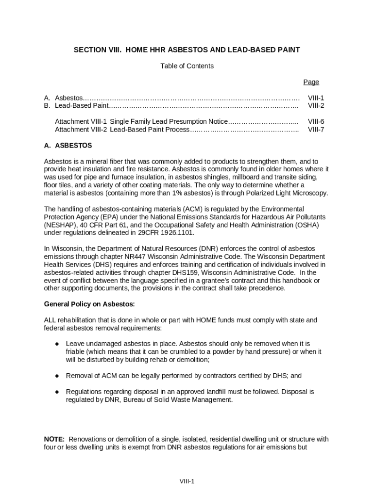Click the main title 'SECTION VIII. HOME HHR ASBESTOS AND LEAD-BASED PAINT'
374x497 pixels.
click(x=187, y=50)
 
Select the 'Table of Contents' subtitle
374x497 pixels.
click(x=187, y=66)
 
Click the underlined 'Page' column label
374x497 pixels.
click(x=311, y=82)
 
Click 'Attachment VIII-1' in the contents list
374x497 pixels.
click(x=81, y=121)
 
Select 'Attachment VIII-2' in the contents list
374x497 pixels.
click(x=81, y=130)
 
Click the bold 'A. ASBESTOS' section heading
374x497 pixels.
click(x=68, y=146)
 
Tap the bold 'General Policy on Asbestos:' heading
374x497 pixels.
click(x=89, y=304)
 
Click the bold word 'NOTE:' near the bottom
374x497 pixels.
click(x=54, y=439)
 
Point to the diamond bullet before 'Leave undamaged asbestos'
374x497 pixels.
click(x=57, y=344)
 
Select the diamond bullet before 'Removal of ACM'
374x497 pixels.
click(x=57, y=376)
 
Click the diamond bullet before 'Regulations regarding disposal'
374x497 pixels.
click(x=57, y=392)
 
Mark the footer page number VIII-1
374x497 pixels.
click(x=187, y=481)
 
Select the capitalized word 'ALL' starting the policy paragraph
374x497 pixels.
click(x=51, y=320)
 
